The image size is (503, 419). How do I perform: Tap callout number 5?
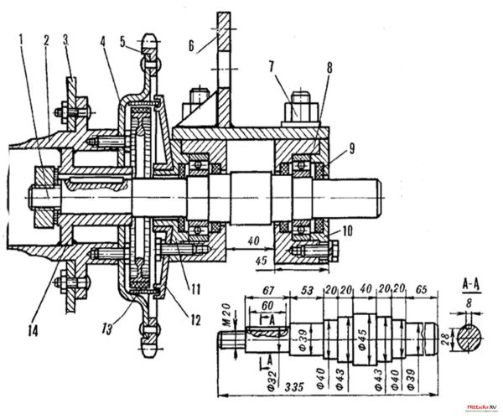122,38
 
